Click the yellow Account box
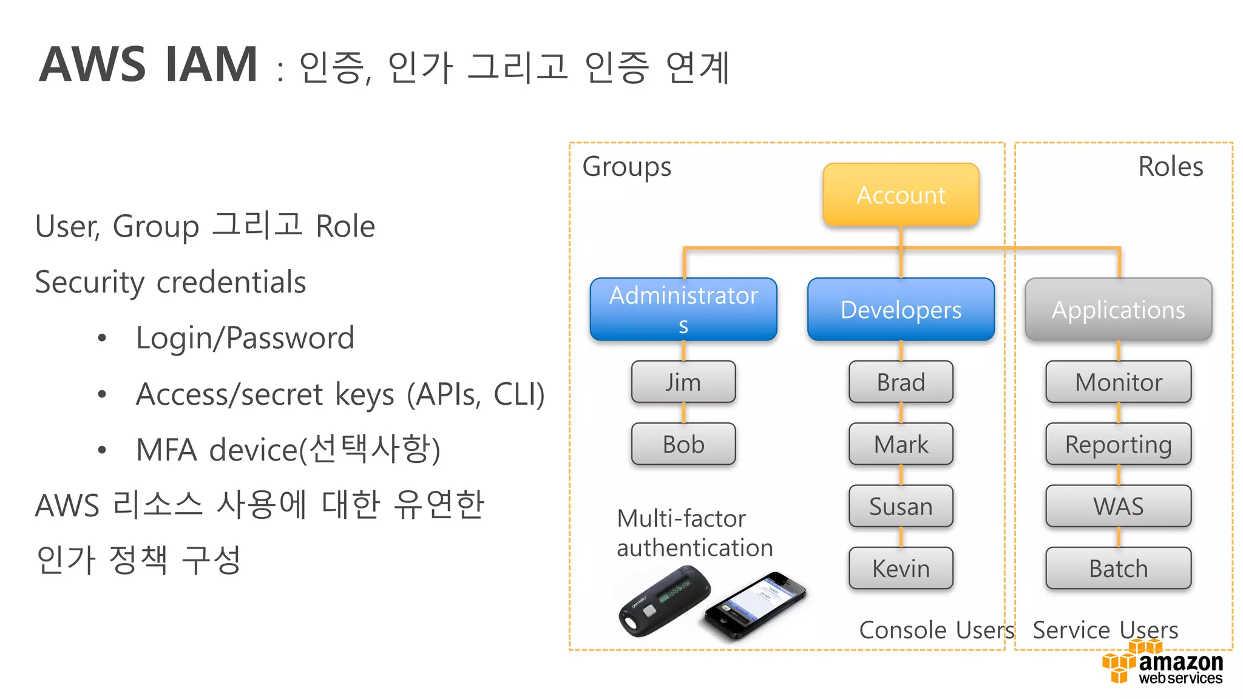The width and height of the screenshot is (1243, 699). click(x=901, y=195)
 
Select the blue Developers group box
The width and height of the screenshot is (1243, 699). click(x=901, y=309)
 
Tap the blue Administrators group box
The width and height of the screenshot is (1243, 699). click(x=683, y=309)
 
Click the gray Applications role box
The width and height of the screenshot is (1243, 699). click(x=1118, y=309)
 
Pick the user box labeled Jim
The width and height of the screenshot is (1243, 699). click(x=683, y=382)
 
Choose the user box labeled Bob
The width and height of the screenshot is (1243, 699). click(x=683, y=444)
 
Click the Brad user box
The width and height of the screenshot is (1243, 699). click(x=901, y=382)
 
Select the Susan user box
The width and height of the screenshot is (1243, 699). click(x=901, y=506)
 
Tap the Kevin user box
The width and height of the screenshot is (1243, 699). click(x=901, y=569)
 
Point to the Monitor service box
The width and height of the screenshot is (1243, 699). click(x=1118, y=382)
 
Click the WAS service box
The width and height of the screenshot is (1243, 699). click(x=1118, y=506)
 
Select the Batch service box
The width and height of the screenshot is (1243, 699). click(x=1118, y=569)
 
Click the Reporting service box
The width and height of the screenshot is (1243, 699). click(x=1118, y=444)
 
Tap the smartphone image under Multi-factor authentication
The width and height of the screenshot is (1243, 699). click(x=756, y=606)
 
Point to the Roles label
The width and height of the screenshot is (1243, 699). click(x=1170, y=166)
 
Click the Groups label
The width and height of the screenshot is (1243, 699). click(x=626, y=166)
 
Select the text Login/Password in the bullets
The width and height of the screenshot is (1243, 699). click(x=245, y=338)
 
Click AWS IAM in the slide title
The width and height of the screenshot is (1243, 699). click(x=149, y=64)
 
